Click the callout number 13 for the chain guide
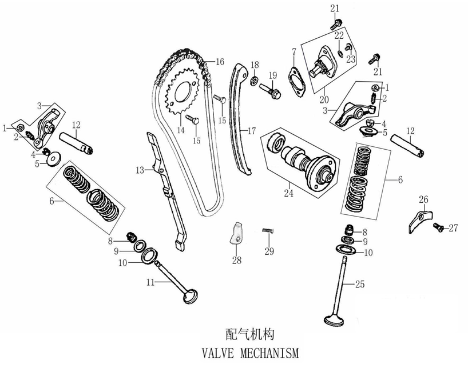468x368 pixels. pyautogui.click(x=140, y=170)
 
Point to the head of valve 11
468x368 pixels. pyautogui.click(x=191, y=297)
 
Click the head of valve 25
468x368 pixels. pyautogui.click(x=333, y=323)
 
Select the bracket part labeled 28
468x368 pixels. pyautogui.click(x=236, y=234)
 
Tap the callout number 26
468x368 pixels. pyautogui.click(x=423, y=199)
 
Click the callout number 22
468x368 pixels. pyautogui.click(x=339, y=35)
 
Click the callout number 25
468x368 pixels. pyautogui.click(x=359, y=284)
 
